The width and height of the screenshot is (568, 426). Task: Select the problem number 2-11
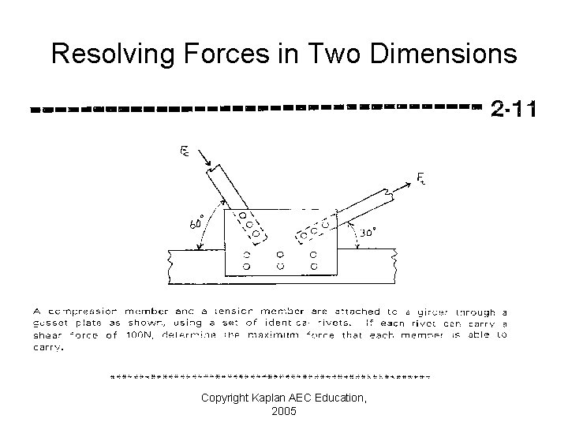513,107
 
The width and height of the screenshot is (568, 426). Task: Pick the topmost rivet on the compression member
242,215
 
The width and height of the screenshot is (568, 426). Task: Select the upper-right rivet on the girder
315,255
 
